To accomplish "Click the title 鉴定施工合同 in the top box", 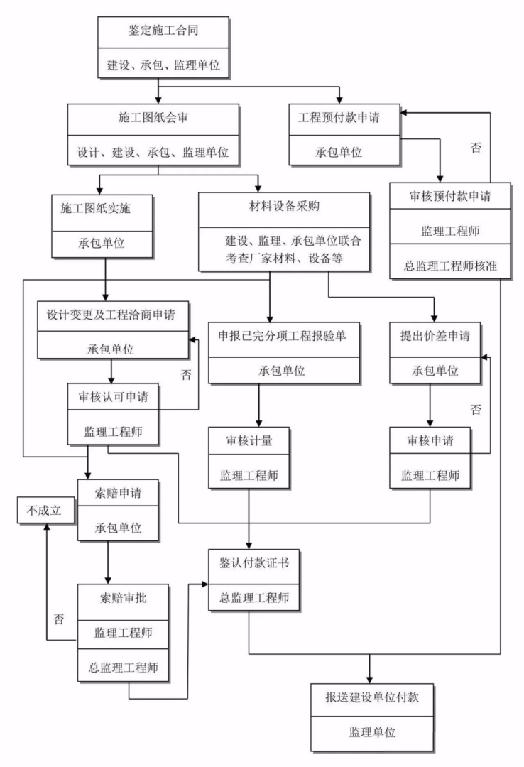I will [163, 31].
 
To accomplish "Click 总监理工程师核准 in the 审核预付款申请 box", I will [450, 266].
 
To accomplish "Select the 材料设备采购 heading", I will [284, 207].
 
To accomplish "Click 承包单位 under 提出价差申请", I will [435, 370].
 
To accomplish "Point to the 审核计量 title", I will [249, 440].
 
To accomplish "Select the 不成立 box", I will [45, 510].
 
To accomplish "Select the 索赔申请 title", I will [117, 493].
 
